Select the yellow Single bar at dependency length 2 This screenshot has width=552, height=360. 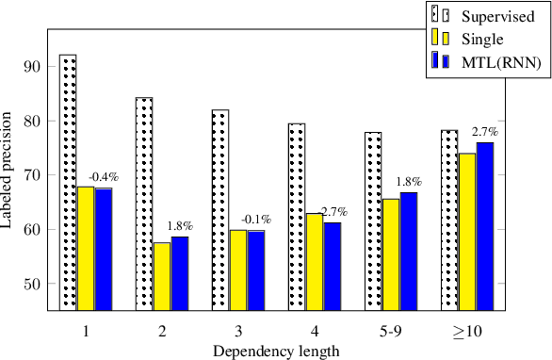(162, 276)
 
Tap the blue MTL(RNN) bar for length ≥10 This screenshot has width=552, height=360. (485, 226)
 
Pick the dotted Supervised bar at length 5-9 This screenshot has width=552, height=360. (373, 221)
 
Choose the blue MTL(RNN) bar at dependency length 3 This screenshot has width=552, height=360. (255, 270)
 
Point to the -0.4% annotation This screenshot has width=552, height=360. (104, 177)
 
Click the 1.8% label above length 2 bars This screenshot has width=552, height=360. (180, 226)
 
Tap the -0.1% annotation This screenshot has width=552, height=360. (255, 220)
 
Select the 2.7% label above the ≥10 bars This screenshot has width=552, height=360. (485, 131)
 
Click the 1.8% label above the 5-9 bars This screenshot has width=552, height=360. (409, 181)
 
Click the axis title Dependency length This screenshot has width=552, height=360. (275, 351)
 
